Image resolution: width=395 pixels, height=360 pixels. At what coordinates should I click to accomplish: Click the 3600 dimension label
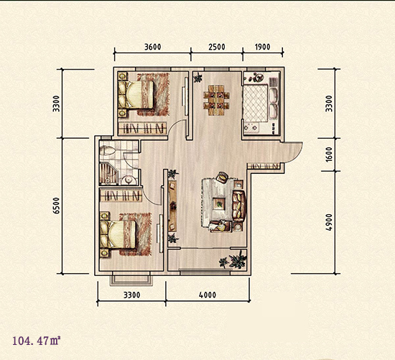[152, 47]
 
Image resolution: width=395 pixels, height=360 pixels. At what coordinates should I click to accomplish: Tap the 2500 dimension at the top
[217, 47]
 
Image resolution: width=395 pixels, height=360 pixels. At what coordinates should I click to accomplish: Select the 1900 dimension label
[262, 47]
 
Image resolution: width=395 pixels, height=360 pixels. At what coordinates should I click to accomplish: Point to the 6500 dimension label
[57, 206]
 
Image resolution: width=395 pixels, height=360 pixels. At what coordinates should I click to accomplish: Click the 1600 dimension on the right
[329, 154]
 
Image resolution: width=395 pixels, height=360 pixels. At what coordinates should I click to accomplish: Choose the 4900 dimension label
[329, 222]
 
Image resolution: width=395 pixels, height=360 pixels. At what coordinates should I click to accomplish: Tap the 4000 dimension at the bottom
[207, 295]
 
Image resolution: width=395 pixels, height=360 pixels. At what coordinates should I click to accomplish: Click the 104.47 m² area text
[37, 341]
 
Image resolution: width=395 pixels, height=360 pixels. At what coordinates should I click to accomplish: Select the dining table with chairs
[217, 100]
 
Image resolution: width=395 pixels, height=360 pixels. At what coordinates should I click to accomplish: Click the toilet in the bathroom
[107, 151]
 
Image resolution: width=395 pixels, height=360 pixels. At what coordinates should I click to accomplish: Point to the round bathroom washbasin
[129, 180]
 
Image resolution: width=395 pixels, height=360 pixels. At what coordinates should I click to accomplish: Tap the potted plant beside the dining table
[197, 78]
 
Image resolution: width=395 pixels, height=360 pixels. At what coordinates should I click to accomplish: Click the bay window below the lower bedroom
[131, 279]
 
